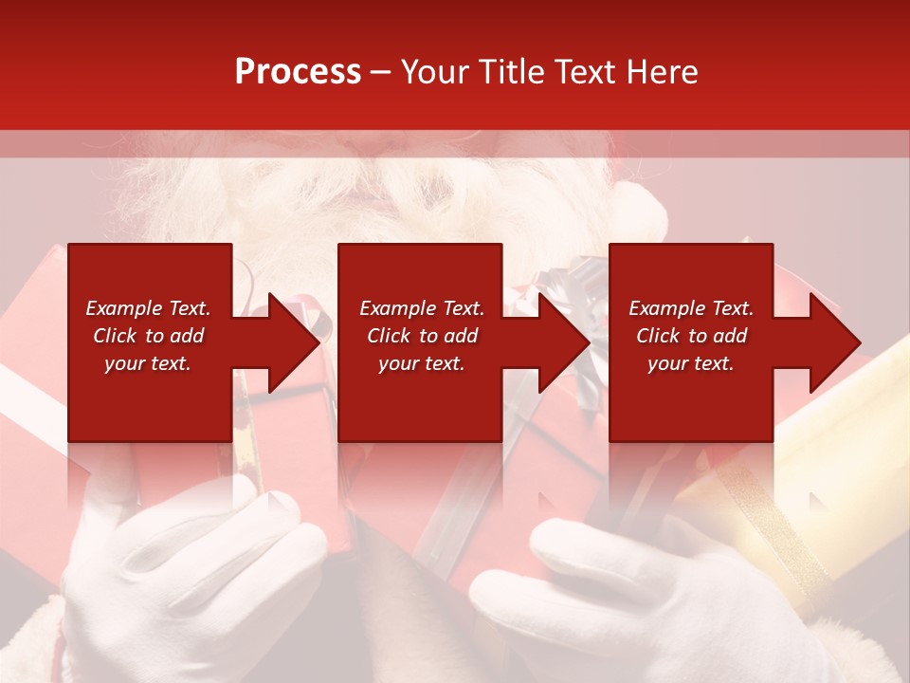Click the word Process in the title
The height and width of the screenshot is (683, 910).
point(298,72)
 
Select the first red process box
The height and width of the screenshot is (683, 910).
point(150,398)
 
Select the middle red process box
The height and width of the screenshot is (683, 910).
point(420,398)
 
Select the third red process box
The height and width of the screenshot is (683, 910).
point(690,398)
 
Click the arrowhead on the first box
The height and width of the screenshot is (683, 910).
point(290,342)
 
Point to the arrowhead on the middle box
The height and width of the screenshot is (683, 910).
point(561,342)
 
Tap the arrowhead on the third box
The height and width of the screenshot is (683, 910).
point(832,342)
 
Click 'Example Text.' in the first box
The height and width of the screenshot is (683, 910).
point(148,308)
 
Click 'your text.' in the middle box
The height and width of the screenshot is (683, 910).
point(421,363)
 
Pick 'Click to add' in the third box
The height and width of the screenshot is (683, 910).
point(691,336)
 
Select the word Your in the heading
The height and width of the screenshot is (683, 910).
point(437,72)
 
